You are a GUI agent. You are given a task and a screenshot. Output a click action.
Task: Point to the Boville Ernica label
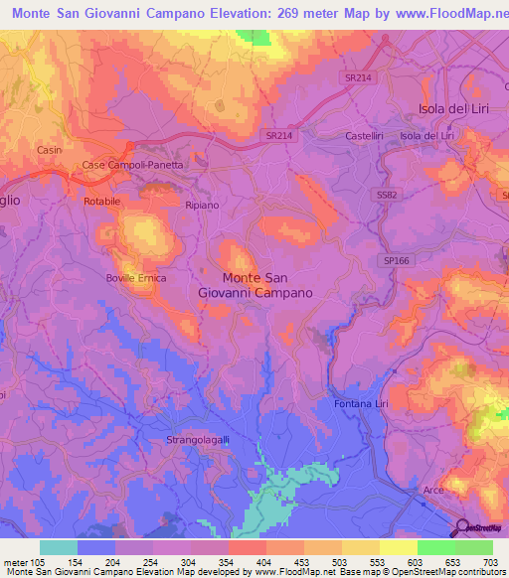(136, 278)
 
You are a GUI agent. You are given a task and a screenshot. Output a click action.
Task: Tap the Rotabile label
(102, 201)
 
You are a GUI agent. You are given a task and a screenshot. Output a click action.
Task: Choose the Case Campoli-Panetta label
(132, 165)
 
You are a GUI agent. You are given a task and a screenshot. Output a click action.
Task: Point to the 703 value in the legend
(490, 562)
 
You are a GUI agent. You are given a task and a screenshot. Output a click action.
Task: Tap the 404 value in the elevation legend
(247, 562)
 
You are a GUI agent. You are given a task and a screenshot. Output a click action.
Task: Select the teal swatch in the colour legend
(59, 547)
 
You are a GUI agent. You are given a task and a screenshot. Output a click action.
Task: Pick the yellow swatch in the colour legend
(399, 547)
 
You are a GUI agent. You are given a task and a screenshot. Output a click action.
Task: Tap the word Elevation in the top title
(234, 15)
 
